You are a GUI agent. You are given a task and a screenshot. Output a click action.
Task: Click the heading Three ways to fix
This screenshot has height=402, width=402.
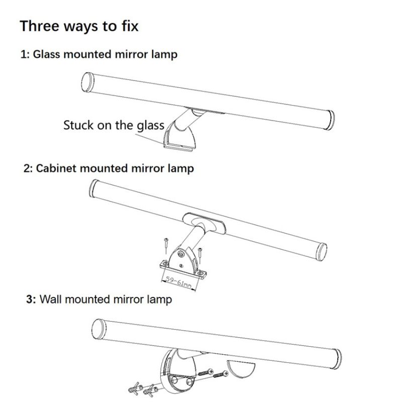(79, 27)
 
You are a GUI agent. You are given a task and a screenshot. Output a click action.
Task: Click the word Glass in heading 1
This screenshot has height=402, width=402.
(46, 54)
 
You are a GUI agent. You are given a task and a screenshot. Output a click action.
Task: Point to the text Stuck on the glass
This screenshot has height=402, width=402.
(114, 126)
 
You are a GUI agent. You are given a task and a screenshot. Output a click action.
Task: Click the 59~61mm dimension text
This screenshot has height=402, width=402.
(179, 282)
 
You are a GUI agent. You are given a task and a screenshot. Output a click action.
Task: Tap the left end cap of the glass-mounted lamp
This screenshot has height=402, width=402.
(87, 82)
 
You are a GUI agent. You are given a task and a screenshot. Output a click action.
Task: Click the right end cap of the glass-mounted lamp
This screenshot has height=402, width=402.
(330, 120)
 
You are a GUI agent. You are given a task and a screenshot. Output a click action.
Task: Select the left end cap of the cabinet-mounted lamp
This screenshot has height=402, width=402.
(93, 188)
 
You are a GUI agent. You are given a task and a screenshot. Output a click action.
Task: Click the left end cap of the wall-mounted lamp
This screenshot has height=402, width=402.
(98, 329)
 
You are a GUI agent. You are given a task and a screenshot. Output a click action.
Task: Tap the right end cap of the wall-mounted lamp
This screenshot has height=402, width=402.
(337, 359)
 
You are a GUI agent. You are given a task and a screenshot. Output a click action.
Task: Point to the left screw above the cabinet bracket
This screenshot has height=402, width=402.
(166, 245)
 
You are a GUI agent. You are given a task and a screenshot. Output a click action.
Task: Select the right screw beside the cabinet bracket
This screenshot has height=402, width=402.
(200, 255)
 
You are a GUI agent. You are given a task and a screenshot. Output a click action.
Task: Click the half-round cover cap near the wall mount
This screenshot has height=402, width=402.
(241, 368)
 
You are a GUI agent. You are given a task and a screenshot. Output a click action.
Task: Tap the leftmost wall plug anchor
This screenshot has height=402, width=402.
(135, 388)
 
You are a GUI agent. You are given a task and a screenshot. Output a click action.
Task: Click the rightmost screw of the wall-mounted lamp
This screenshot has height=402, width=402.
(221, 374)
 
